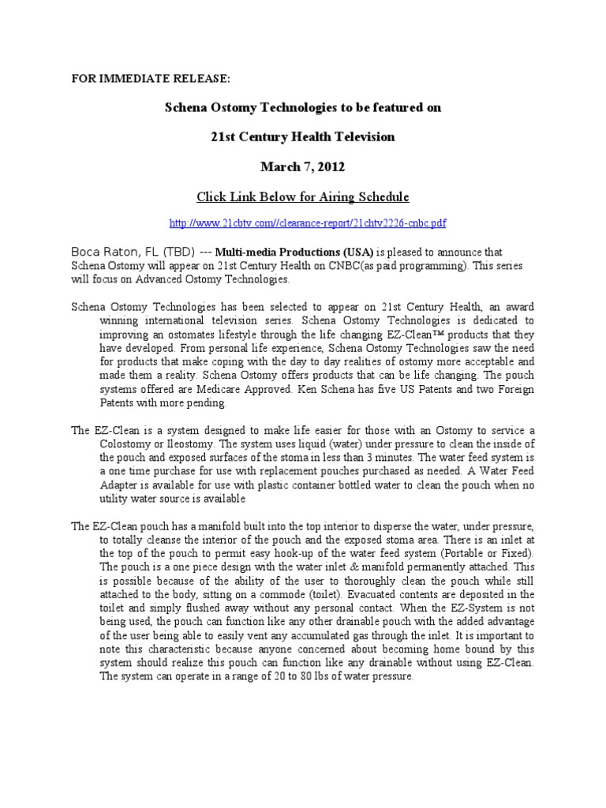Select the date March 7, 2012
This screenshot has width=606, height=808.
(303, 166)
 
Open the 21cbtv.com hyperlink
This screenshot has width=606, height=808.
(303, 223)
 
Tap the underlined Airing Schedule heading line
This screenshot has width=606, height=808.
(303, 196)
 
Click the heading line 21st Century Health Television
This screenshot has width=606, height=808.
(303, 137)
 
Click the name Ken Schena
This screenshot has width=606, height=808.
(324, 390)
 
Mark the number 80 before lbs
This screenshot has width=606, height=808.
(326, 676)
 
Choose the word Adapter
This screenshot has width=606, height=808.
(100, 485)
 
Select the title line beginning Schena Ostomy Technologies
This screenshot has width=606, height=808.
(303, 108)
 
